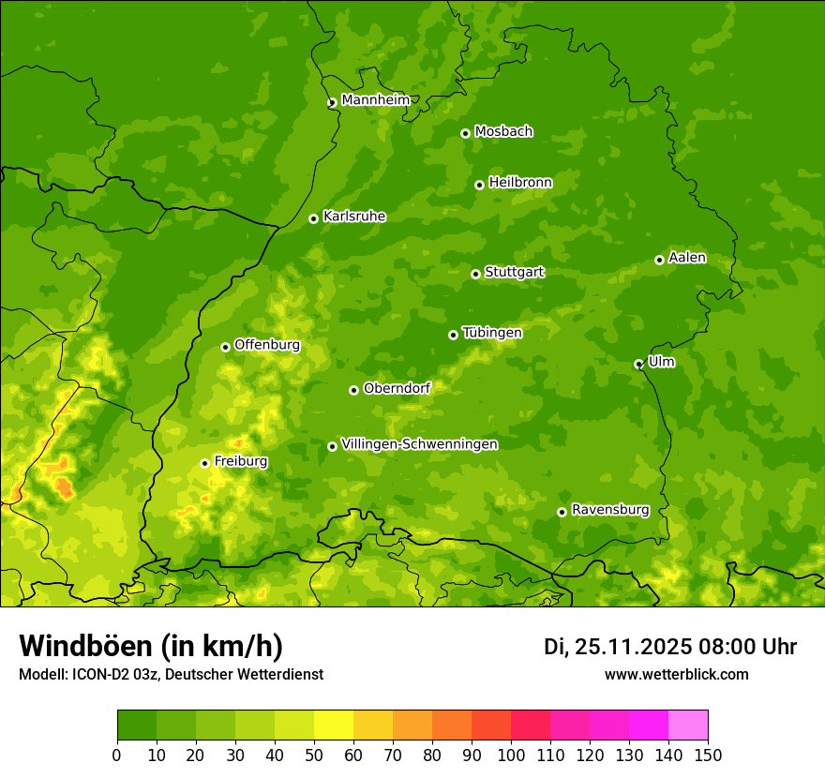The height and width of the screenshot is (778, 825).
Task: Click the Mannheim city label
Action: click(x=375, y=100)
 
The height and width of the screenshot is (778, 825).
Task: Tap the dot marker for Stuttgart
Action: click(x=475, y=274)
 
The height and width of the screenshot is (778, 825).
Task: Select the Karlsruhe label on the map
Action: click(x=353, y=217)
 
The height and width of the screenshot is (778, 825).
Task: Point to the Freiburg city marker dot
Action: click(x=204, y=463)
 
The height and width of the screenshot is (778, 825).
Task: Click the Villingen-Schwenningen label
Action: click(x=419, y=444)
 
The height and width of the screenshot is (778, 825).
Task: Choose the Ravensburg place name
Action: click(x=609, y=510)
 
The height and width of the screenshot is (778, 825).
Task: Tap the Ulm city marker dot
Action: click(x=638, y=364)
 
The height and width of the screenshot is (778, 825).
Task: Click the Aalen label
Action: click(x=686, y=258)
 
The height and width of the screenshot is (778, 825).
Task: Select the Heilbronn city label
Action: click(x=520, y=183)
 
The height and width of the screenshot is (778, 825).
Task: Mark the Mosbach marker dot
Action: click(x=465, y=133)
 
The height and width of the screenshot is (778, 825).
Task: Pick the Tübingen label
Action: click(x=491, y=333)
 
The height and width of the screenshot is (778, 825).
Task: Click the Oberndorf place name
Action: click(x=397, y=388)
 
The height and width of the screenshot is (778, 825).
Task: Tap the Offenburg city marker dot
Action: click(x=225, y=347)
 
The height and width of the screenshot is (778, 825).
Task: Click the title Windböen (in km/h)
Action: click(x=151, y=646)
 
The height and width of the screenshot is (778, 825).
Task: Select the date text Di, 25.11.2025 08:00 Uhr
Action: click(x=670, y=647)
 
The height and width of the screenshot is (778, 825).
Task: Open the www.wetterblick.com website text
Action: click(x=676, y=674)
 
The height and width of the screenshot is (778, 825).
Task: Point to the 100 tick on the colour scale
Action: click(x=511, y=755)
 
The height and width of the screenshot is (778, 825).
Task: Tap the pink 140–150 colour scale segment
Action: click(x=688, y=726)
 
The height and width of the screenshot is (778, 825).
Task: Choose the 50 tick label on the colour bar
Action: click(x=314, y=755)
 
